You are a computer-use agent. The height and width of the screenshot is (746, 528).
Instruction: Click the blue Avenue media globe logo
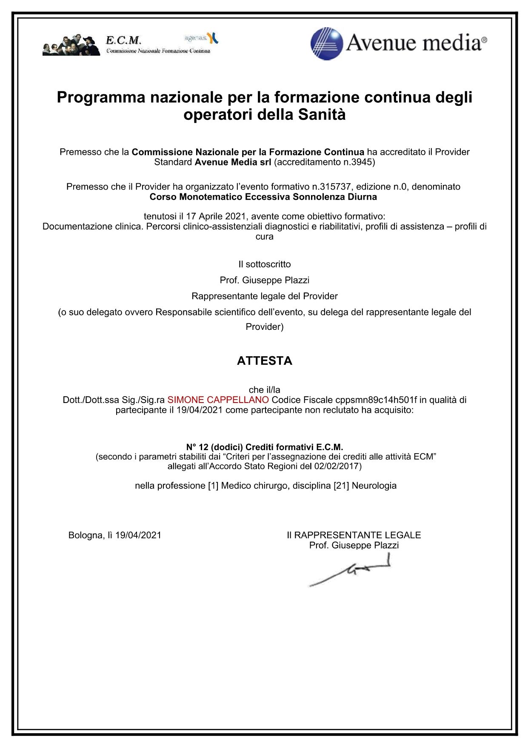[327, 44]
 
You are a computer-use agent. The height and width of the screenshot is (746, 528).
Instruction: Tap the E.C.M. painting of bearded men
[71, 45]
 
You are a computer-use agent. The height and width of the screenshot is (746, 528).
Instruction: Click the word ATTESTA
[264, 361]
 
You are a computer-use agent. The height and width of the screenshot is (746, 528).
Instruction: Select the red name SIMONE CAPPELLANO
[218, 400]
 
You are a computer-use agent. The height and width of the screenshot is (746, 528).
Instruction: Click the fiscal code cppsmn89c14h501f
[376, 400]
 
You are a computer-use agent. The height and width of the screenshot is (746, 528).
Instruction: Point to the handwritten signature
[350, 572]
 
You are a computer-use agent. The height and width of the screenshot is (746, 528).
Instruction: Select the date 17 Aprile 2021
[216, 216]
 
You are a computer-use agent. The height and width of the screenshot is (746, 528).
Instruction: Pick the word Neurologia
[374, 485]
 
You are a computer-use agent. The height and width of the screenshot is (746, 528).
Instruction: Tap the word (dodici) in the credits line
[226, 447]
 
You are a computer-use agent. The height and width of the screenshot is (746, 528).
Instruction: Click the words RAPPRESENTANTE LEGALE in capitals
[357, 535]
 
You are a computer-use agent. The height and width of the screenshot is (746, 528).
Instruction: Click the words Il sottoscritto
[264, 264]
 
